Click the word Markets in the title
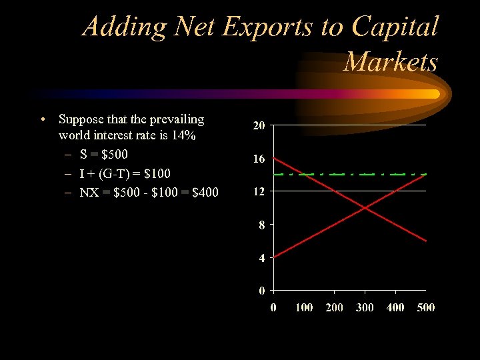pos(391,61)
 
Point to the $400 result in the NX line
pos(204,193)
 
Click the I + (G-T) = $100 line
pos(125,174)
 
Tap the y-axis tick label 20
pos(259,126)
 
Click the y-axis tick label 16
pos(259,159)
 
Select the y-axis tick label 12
pos(259,192)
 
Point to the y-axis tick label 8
pos(262,225)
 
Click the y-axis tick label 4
pos(262,258)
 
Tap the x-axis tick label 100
pos(304,307)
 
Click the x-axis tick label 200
pos(335,307)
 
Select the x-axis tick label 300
pos(365,307)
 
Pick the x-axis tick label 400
pos(395,307)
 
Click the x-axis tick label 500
pos(425,307)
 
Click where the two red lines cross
pos(365,208)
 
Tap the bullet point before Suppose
pos(43,120)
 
